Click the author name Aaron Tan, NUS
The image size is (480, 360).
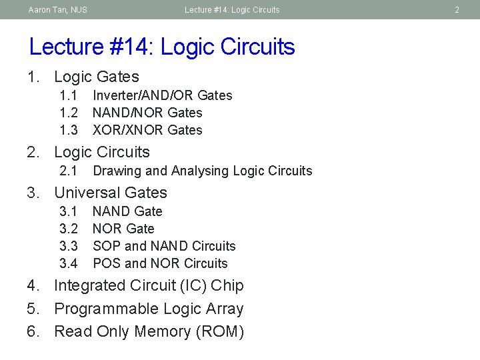pyautogui.click(x=57, y=10)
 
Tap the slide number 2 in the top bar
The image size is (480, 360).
pyautogui.click(x=457, y=10)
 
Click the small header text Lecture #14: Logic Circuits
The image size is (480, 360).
pyautogui.click(x=232, y=10)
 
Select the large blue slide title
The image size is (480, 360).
pyautogui.click(x=162, y=47)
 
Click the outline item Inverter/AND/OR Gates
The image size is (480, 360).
pyautogui.click(x=162, y=95)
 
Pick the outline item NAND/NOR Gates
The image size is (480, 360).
pyautogui.click(x=147, y=113)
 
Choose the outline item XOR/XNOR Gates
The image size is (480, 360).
pyautogui.click(x=147, y=130)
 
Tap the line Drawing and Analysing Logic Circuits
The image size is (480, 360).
pyautogui.click(x=202, y=171)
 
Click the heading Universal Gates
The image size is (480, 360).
pyautogui.click(x=111, y=193)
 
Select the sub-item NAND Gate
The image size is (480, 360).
pyautogui.click(x=127, y=211)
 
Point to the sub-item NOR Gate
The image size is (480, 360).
pyautogui.click(x=123, y=229)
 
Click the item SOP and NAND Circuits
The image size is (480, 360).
pyautogui.click(x=164, y=246)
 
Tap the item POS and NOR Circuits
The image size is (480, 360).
pyautogui.click(x=160, y=263)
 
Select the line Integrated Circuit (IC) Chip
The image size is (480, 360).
pyautogui.click(x=149, y=285)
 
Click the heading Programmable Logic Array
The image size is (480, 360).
pyautogui.click(x=149, y=309)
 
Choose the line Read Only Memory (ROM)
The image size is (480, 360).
pyautogui.click(x=149, y=331)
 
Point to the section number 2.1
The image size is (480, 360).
pyautogui.click(x=69, y=171)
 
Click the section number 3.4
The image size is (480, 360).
pyautogui.click(x=69, y=263)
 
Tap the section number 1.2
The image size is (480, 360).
pyautogui.click(x=69, y=113)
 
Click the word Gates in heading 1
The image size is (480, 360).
pyautogui.click(x=119, y=77)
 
